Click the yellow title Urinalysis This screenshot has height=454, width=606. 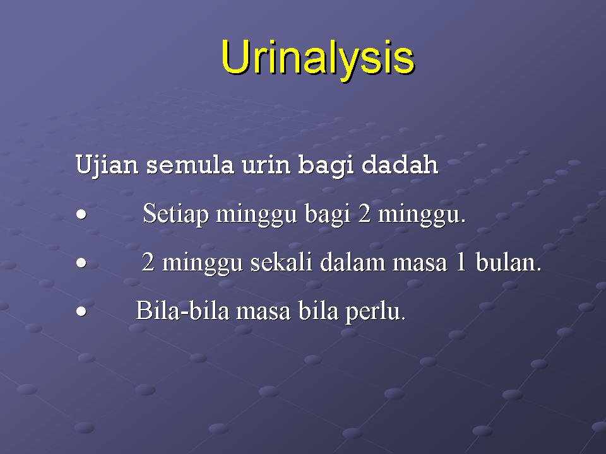tap(318, 59)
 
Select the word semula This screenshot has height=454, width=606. tap(190, 165)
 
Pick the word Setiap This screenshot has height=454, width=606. tap(176, 214)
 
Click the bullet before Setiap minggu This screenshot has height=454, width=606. tap(81, 214)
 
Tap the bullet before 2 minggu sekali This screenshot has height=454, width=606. tap(81, 263)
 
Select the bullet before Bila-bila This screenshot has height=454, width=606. tap(81, 311)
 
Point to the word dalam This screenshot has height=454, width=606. tap(352, 262)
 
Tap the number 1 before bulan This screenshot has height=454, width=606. tap(461, 262)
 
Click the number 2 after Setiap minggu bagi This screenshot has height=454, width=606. tap(364, 214)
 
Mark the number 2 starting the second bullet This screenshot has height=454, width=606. tap(148, 262)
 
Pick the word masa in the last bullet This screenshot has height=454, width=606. tap(263, 313)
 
